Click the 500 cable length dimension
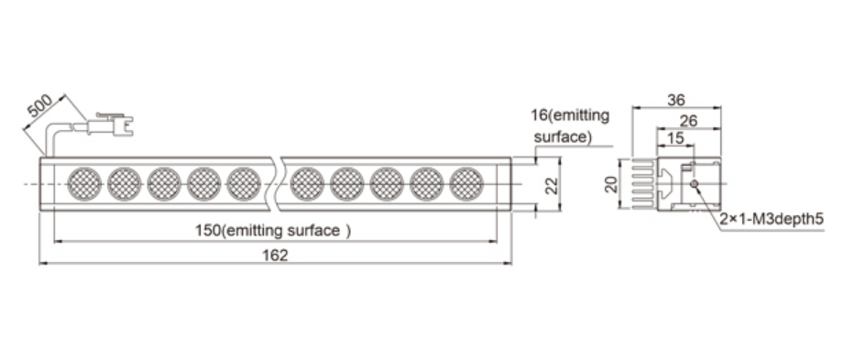39,105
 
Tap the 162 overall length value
275,255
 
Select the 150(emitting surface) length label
273,231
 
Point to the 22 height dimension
550,184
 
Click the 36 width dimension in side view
676,100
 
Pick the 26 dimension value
688,121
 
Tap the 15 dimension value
675,138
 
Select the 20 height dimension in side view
611,184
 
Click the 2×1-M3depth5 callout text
772,219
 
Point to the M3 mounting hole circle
695,184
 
